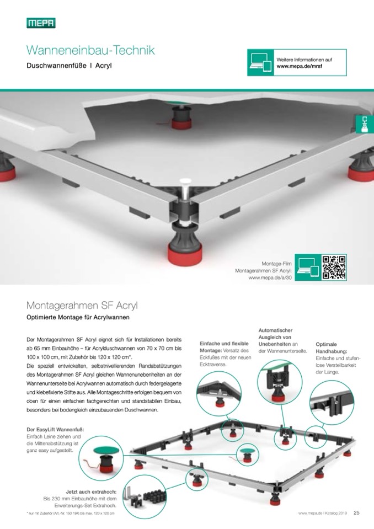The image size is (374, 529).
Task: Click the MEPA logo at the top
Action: (41, 23)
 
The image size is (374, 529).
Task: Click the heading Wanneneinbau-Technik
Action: (90, 51)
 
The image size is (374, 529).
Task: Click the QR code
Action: (334, 267)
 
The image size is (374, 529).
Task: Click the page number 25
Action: (356, 512)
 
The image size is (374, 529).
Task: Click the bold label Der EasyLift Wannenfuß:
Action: (55, 429)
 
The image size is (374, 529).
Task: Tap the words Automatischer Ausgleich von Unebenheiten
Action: (276, 336)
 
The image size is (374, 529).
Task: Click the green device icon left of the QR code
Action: (307, 267)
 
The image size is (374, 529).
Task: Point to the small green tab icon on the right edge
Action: (364, 124)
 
